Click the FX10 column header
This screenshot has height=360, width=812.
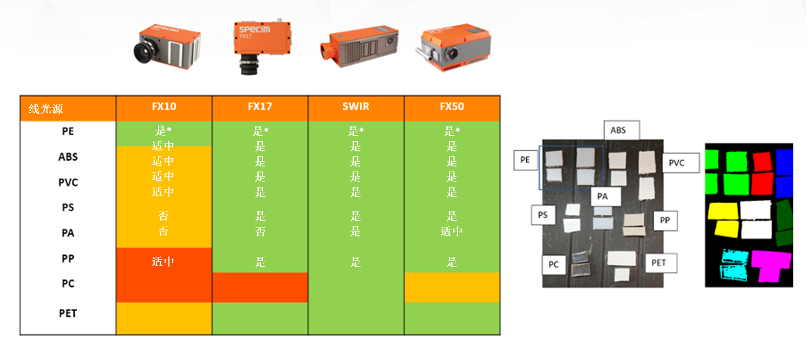click(x=164, y=107)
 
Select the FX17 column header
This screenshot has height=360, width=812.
click(x=260, y=107)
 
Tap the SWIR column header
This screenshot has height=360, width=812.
click(x=355, y=107)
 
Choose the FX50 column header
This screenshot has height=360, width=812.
click(x=452, y=107)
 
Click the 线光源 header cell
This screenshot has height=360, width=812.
click(x=46, y=109)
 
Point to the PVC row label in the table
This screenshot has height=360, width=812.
click(x=68, y=183)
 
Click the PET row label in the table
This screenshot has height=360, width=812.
click(x=68, y=314)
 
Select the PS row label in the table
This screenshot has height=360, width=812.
click(x=68, y=208)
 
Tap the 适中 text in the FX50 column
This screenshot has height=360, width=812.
click(x=451, y=232)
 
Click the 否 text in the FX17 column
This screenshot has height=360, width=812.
click(x=260, y=232)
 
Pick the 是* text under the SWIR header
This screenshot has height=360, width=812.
click(x=355, y=131)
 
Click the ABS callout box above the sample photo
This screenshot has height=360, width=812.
click(x=618, y=130)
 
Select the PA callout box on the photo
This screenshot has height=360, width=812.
click(x=603, y=196)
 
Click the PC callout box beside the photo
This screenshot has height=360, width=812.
click(x=553, y=265)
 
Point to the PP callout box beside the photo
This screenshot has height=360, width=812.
click(x=665, y=220)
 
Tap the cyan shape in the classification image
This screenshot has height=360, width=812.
click(x=734, y=264)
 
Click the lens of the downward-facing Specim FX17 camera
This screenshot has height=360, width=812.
click(x=249, y=66)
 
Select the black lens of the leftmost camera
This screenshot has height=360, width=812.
click(x=144, y=52)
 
